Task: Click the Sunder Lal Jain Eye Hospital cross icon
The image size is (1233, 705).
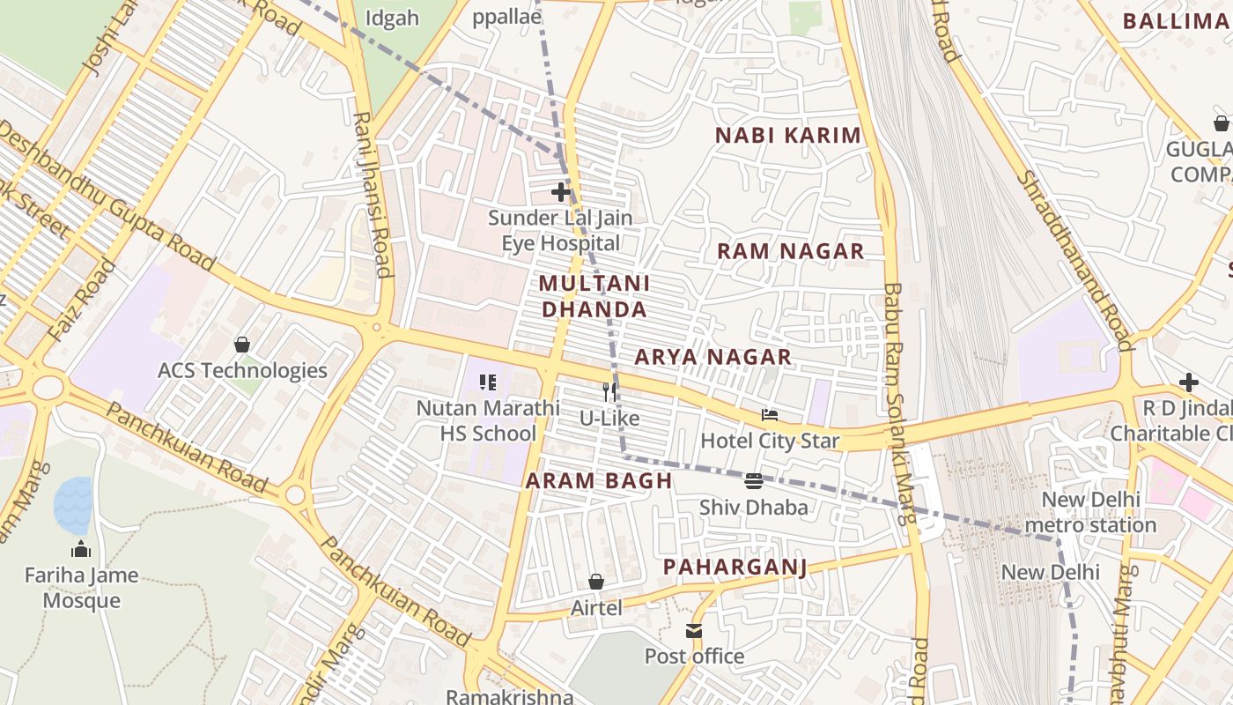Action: pos(560,191)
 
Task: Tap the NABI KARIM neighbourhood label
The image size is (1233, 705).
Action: pos(787,136)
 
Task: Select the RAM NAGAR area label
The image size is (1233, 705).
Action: pos(790,251)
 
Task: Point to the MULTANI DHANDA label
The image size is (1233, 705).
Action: pos(594,296)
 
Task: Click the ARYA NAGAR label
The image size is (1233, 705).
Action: pos(712,357)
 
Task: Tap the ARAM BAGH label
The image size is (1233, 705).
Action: pos(599,481)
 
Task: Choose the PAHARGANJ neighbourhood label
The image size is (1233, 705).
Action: pos(735,567)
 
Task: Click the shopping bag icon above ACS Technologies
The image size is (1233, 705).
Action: pos(242,345)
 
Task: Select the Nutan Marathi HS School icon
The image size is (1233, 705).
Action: pos(488,382)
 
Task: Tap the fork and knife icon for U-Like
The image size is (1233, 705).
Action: pos(609,392)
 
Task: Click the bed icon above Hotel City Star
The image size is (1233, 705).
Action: pos(770,415)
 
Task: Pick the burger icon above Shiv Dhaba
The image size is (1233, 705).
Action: pos(753,481)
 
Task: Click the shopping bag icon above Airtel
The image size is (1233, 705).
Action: pos(596,582)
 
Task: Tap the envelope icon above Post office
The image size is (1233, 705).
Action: pos(694,631)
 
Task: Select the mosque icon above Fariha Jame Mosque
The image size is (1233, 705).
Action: pos(81,549)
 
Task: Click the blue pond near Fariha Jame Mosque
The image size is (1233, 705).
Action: pos(73,505)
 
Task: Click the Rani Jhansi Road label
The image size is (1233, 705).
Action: pos(373,194)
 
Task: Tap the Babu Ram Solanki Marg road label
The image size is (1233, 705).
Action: pos(899,404)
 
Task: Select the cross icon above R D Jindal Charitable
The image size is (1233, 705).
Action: pos(1188,382)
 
